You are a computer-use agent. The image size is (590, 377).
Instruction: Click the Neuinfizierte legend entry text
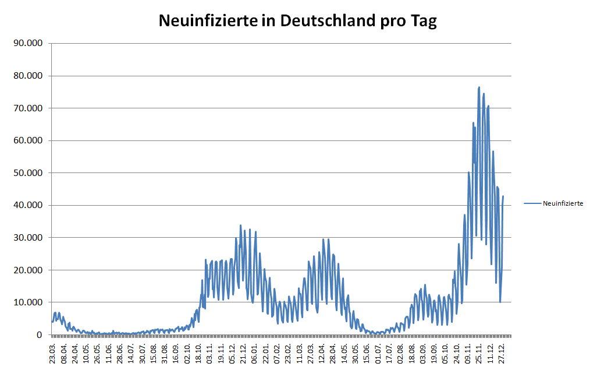563,203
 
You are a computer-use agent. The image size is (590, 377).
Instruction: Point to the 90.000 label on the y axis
27,44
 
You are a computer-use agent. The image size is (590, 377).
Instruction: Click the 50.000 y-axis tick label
27,173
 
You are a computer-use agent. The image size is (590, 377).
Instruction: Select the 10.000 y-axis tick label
27,302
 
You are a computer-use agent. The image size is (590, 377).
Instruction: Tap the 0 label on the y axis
39,335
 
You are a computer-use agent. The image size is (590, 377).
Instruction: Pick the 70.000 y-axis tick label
27,108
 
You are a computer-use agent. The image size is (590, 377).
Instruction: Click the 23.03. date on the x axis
52,354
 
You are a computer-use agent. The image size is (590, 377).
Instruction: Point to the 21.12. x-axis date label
244,354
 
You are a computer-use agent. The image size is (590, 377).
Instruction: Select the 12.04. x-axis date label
322,354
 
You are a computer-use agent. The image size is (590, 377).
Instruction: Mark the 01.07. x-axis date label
378,354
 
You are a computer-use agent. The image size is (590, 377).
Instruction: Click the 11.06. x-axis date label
109,354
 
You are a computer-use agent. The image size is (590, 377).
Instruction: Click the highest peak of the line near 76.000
479,87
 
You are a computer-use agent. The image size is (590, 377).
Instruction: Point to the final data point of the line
503,196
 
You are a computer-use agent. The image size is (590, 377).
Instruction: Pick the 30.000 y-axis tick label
27,238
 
